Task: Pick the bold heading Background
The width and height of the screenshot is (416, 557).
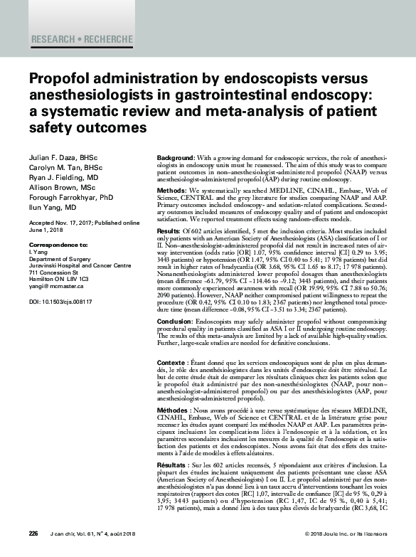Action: point(174,156)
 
